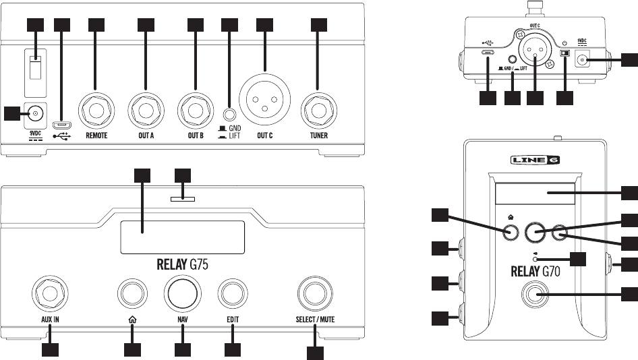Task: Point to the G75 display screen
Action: (x=182, y=237)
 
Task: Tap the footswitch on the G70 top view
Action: (x=536, y=295)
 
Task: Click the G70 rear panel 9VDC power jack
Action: (x=581, y=61)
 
